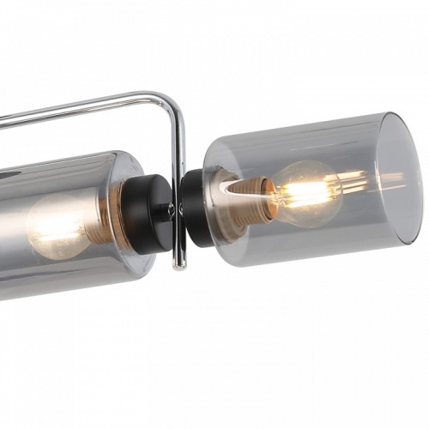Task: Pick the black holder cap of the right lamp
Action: pos(195,207)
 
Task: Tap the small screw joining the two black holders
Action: pos(172,208)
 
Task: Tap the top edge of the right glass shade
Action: pos(300,122)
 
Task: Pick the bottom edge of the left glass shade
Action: pos(69,288)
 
